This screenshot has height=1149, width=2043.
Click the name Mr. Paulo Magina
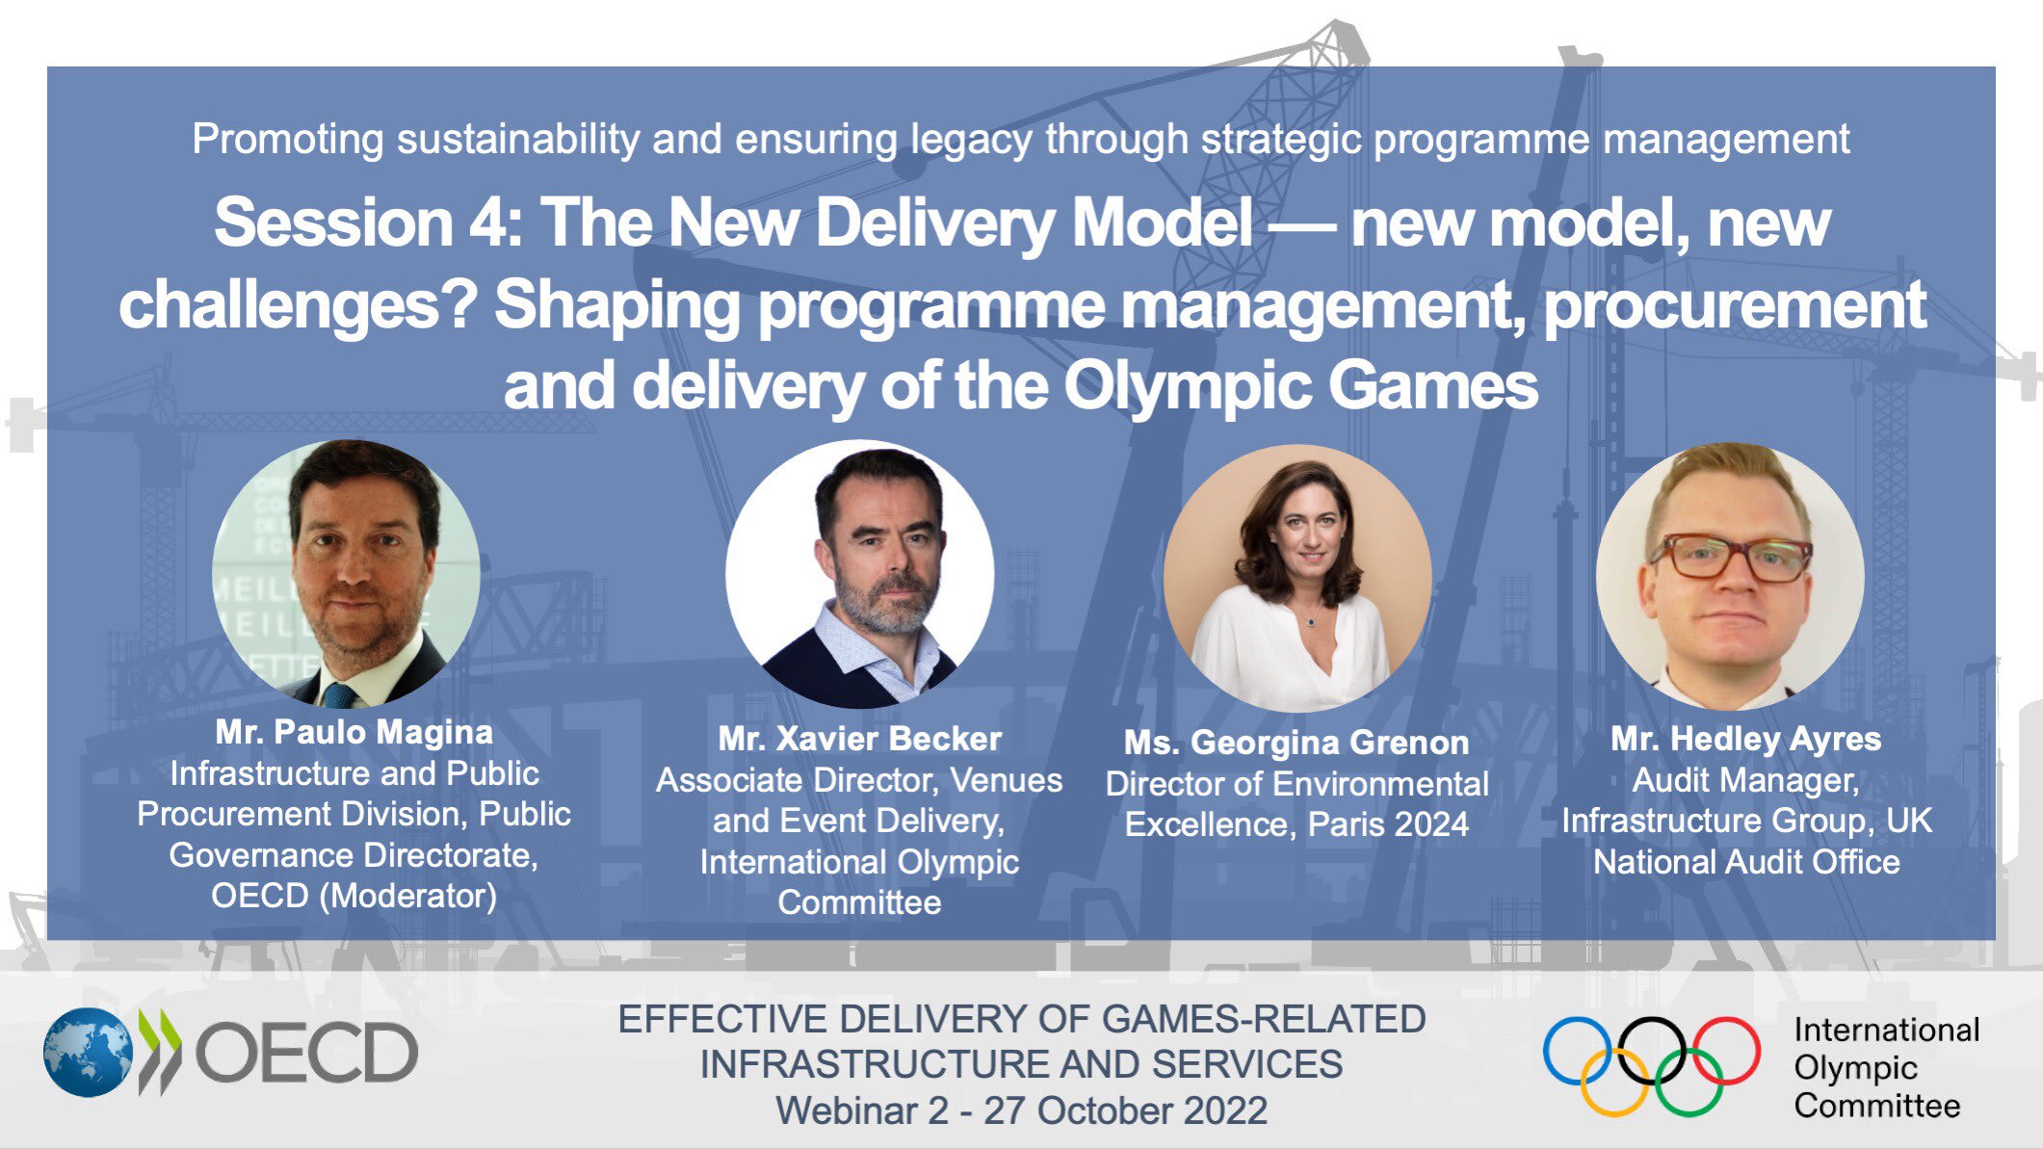pyautogui.click(x=354, y=732)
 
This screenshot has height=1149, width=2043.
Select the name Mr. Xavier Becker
pyautogui.click(x=859, y=739)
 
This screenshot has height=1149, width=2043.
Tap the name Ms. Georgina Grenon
pyautogui.click(x=1297, y=743)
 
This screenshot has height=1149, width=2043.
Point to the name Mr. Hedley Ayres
pyautogui.click(x=1745, y=739)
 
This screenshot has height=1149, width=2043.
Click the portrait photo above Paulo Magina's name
pyautogui.click(x=346, y=574)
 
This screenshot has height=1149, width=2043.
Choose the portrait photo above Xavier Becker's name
pyautogui.click(x=859, y=574)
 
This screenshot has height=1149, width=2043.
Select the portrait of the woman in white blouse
pyautogui.click(x=1297, y=578)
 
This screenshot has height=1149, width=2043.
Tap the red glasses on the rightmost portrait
pyautogui.click(x=1731, y=558)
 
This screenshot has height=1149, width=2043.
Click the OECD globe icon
pyautogui.click(x=88, y=1052)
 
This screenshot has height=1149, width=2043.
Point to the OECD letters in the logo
pyautogui.click(x=307, y=1053)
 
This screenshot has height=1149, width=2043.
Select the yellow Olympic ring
pyautogui.click(x=1614, y=1082)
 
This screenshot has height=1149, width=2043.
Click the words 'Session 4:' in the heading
pyautogui.click(x=367, y=223)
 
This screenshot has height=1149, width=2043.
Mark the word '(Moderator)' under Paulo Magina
pyautogui.click(x=408, y=896)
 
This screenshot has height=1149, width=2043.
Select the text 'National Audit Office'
pyautogui.click(x=1745, y=862)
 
